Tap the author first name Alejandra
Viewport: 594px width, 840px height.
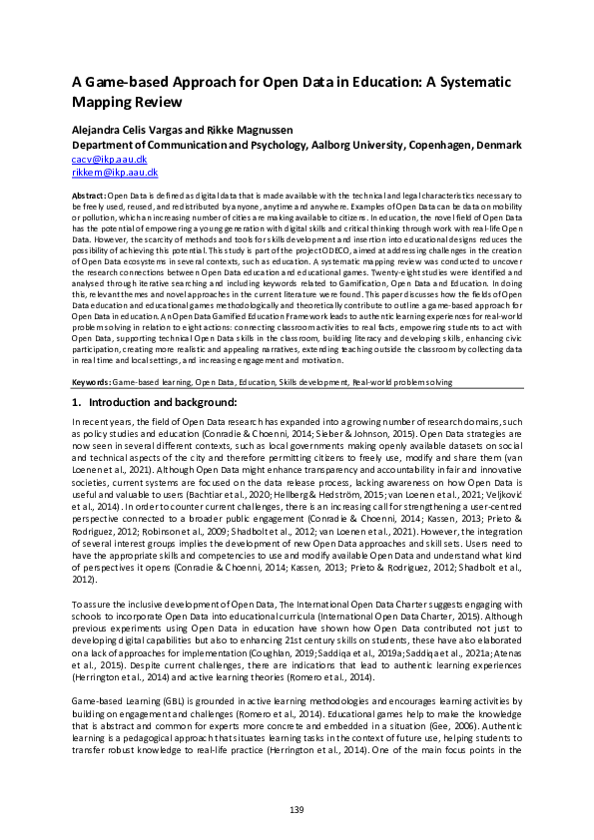click(x=104, y=129)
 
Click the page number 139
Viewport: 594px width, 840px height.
click(x=297, y=808)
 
